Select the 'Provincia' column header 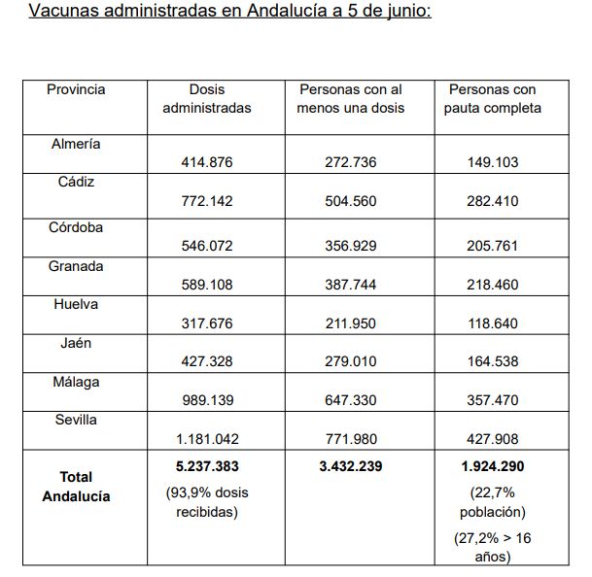pyautogui.click(x=76, y=89)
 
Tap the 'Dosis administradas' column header pyautogui.click(x=207, y=98)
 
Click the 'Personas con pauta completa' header pyautogui.click(x=493, y=98)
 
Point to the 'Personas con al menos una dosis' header pyautogui.click(x=350, y=98)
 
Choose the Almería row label pyautogui.click(x=76, y=144)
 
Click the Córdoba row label pyautogui.click(x=76, y=228)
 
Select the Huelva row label pyautogui.click(x=76, y=304)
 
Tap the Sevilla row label pyautogui.click(x=76, y=420)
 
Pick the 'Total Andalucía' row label pyautogui.click(x=76, y=486)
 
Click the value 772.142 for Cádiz pyautogui.click(x=207, y=201)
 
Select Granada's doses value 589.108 pyautogui.click(x=207, y=285)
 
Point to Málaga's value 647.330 pyautogui.click(x=350, y=400)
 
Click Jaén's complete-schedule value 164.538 pyautogui.click(x=493, y=361)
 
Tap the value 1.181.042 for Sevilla pyautogui.click(x=207, y=438)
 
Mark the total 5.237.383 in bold pyautogui.click(x=207, y=466)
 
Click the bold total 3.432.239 pyautogui.click(x=350, y=466)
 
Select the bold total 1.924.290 pyautogui.click(x=493, y=466)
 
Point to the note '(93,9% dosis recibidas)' pyautogui.click(x=207, y=501)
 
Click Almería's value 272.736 pyautogui.click(x=350, y=162)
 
